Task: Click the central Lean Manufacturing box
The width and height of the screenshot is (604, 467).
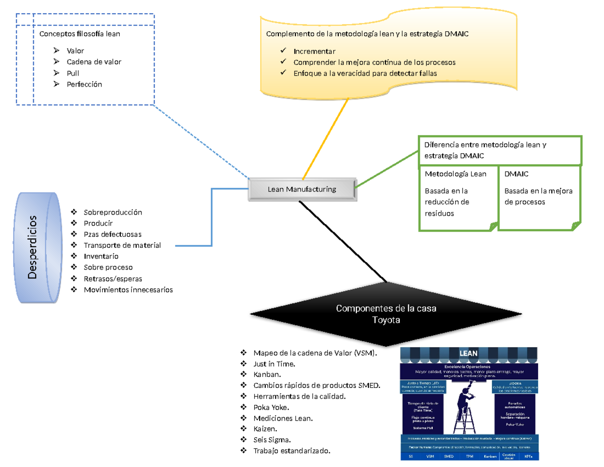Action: click(x=301, y=190)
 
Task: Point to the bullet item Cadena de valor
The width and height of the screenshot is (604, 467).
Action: click(x=94, y=62)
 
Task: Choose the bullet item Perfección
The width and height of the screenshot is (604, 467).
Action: click(x=84, y=84)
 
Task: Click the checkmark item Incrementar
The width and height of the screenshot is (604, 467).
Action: click(x=314, y=51)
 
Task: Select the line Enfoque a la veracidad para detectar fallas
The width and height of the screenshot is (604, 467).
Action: click(x=365, y=74)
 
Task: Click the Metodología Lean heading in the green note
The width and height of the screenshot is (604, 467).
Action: click(x=456, y=174)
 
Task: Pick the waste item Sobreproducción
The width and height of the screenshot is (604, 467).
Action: click(x=113, y=212)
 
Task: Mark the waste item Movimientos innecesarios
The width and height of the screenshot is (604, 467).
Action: click(x=128, y=290)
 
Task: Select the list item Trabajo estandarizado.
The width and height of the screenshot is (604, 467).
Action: click(x=292, y=450)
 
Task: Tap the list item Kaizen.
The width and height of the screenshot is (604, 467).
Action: click(x=266, y=429)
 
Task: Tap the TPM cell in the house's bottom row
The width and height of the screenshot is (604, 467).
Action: click(x=470, y=456)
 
